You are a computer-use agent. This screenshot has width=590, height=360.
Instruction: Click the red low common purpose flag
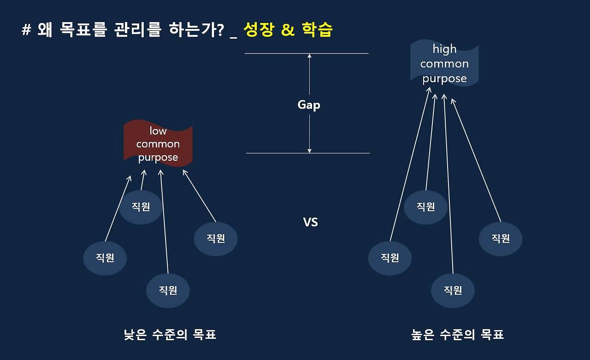pyautogui.click(x=158, y=143)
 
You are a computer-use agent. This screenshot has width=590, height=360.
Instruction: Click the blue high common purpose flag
pyautogui.click(x=444, y=63)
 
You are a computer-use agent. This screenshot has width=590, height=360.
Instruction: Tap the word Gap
pyautogui.click(x=309, y=105)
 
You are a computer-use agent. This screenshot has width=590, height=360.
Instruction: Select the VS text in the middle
pyautogui.click(x=310, y=222)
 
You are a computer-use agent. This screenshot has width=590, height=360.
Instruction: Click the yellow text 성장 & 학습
pyautogui.click(x=288, y=30)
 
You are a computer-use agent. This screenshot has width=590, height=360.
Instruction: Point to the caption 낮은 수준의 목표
pyautogui.click(x=170, y=335)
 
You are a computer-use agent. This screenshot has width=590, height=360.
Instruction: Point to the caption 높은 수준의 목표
pyautogui.click(x=458, y=335)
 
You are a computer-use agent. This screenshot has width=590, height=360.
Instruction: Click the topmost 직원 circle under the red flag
pyautogui.click(x=141, y=207)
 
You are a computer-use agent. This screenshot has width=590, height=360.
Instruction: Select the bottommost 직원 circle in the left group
pyautogui.click(x=168, y=290)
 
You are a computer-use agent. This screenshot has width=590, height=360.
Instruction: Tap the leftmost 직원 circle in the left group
pyautogui.click(x=105, y=258)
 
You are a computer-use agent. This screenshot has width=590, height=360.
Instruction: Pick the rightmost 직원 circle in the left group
pyautogui.click(x=216, y=239)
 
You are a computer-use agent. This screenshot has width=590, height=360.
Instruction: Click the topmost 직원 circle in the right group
pyautogui.click(x=426, y=207)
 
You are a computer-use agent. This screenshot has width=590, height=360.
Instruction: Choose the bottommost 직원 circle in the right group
pyautogui.click(x=453, y=290)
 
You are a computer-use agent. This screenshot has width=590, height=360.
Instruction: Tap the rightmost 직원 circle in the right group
pyautogui.click(x=501, y=239)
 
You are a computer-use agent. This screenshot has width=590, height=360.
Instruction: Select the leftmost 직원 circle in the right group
pyautogui.click(x=390, y=258)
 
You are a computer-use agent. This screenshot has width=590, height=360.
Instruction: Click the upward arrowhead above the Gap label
pyautogui.click(x=309, y=56)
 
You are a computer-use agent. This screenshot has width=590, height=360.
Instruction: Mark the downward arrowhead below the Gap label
pyautogui.click(x=309, y=151)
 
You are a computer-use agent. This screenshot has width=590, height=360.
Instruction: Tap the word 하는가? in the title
pyautogui.click(x=196, y=30)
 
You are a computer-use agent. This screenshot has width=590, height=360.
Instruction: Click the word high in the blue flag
pyautogui.click(x=445, y=49)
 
